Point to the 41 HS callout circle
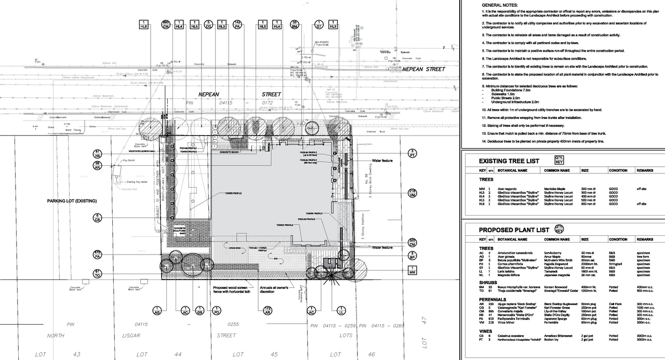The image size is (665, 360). tap(97, 154)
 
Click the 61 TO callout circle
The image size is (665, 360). tap(97, 273)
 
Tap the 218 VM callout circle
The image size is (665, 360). tap(412, 193)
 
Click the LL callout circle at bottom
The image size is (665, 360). tap(341, 311)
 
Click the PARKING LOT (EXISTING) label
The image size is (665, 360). tap(72, 201)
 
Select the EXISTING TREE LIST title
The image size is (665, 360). tap(509, 161)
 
